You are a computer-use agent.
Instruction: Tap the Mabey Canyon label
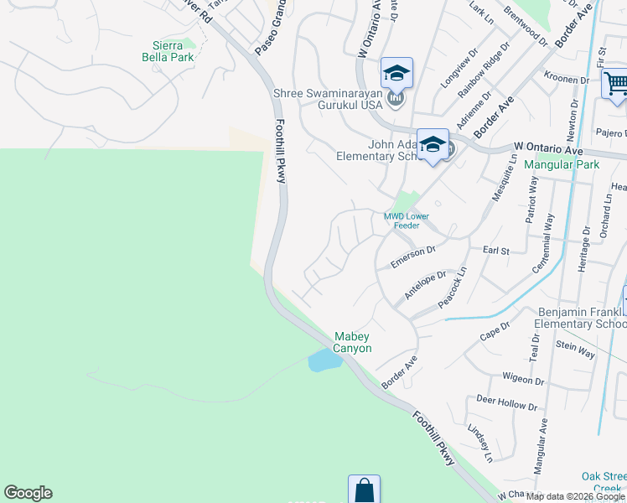[353, 341]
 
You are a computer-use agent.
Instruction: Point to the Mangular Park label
[562, 164]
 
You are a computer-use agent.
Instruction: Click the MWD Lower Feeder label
[407, 220]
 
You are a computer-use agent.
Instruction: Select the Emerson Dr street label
[414, 257]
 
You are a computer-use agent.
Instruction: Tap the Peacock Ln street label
[451, 286]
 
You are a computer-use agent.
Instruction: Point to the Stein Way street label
[574, 348]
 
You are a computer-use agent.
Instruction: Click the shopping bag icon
[364, 490]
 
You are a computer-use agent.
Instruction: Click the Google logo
[28, 493]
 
